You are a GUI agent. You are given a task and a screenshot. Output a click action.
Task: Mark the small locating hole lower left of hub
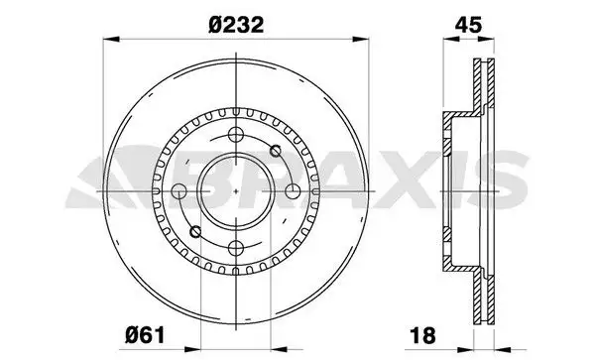pos(195,231)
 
